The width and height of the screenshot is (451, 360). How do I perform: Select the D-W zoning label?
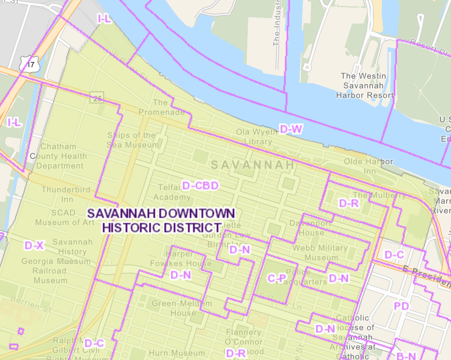(291, 129)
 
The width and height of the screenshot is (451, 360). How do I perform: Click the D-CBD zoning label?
(201, 185)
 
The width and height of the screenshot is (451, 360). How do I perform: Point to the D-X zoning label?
(34, 245)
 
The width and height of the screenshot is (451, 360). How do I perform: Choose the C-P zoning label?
(277, 278)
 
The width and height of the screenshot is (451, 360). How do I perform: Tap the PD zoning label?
(401, 306)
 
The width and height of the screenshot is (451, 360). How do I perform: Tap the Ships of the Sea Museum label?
(132, 140)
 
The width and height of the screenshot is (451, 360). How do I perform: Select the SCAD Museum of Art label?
(64, 218)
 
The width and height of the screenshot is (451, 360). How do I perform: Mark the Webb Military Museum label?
(321, 253)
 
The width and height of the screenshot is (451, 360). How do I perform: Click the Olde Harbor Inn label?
(368, 166)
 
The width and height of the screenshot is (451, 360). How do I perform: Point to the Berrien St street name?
(31, 306)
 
